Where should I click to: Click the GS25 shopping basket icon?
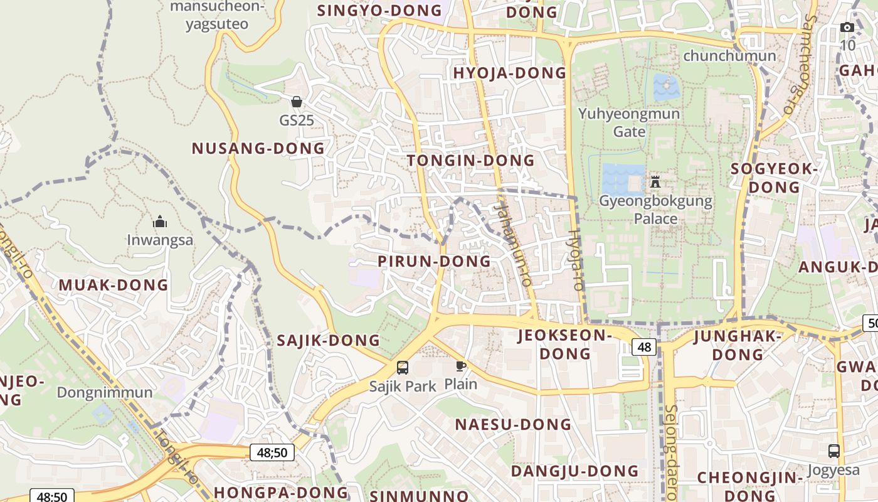297,102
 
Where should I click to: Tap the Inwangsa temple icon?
160,222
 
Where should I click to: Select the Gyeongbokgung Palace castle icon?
655,182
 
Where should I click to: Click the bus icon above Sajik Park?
403,368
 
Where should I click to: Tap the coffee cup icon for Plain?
461,366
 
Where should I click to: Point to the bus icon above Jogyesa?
834,451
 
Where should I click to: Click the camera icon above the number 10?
847,28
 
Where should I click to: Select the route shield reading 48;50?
272,452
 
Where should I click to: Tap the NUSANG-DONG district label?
258,149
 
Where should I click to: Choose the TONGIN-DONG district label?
470,161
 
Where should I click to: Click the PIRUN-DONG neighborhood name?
434,261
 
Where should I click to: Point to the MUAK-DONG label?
114,285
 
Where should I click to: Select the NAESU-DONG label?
514,424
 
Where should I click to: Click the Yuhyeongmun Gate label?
629,122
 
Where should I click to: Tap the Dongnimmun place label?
105,393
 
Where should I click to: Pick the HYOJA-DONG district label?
509,73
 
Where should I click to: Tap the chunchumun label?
729,56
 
